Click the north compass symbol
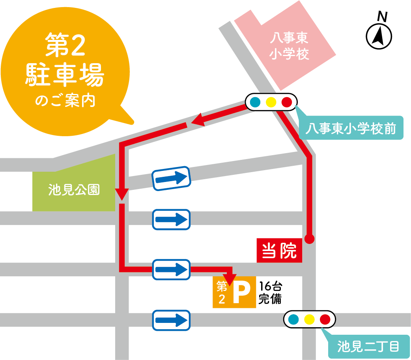coord(379,36)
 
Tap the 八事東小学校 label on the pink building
coord(289,46)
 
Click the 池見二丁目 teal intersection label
coord(368,347)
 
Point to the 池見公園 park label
coord(74,190)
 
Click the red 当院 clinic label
coord(279,251)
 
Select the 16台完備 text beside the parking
coord(270,292)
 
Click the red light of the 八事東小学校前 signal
coord(287,102)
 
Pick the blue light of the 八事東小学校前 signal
coord(255,102)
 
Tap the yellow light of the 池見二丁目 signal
coord(309,319)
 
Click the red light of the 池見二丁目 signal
coord(325,319)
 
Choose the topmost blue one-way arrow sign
coord(172,178)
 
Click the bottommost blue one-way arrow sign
coord(172,320)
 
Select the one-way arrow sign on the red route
coord(172,270)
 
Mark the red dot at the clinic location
coord(310,239)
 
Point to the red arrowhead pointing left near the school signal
coord(198,120)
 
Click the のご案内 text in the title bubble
coord(65,101)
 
